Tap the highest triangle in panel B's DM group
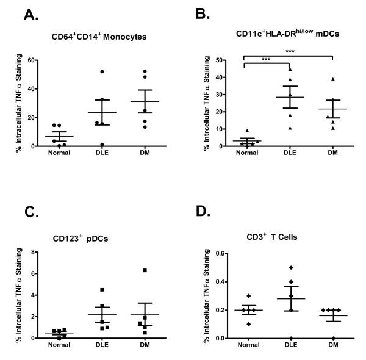point(333,79)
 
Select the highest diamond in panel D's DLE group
point(290,267)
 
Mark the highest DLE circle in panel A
point(102,71)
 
